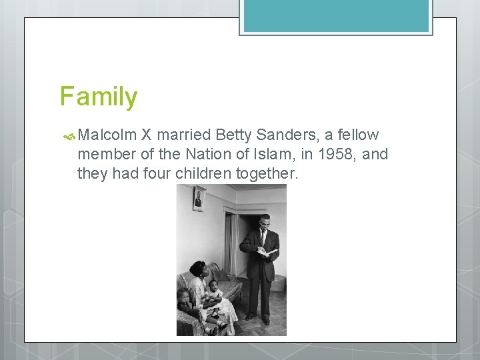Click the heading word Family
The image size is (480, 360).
point(98,97)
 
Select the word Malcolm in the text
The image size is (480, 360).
point(107,135)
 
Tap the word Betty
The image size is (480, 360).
point(233,135)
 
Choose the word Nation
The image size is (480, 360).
point(193,155)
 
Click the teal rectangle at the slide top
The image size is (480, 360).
point(336,16)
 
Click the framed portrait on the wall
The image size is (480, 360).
point(199,199)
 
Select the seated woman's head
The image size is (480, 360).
point(197,269)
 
